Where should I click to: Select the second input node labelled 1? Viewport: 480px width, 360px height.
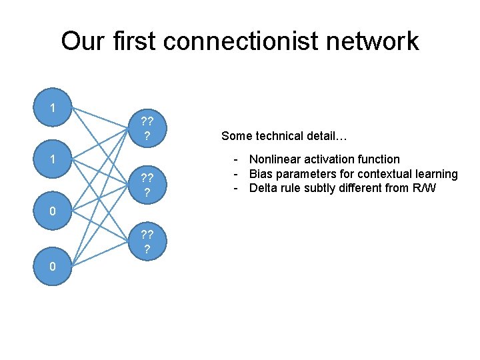[x=53, y=160]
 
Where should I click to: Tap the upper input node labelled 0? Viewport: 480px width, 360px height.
[x=53, y=212]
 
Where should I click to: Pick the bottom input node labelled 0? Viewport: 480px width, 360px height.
[x=53, y=266]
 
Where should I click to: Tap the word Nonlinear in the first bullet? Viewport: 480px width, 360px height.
[x=274, y=159]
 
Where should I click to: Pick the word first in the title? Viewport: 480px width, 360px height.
[x=131, y=41]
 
